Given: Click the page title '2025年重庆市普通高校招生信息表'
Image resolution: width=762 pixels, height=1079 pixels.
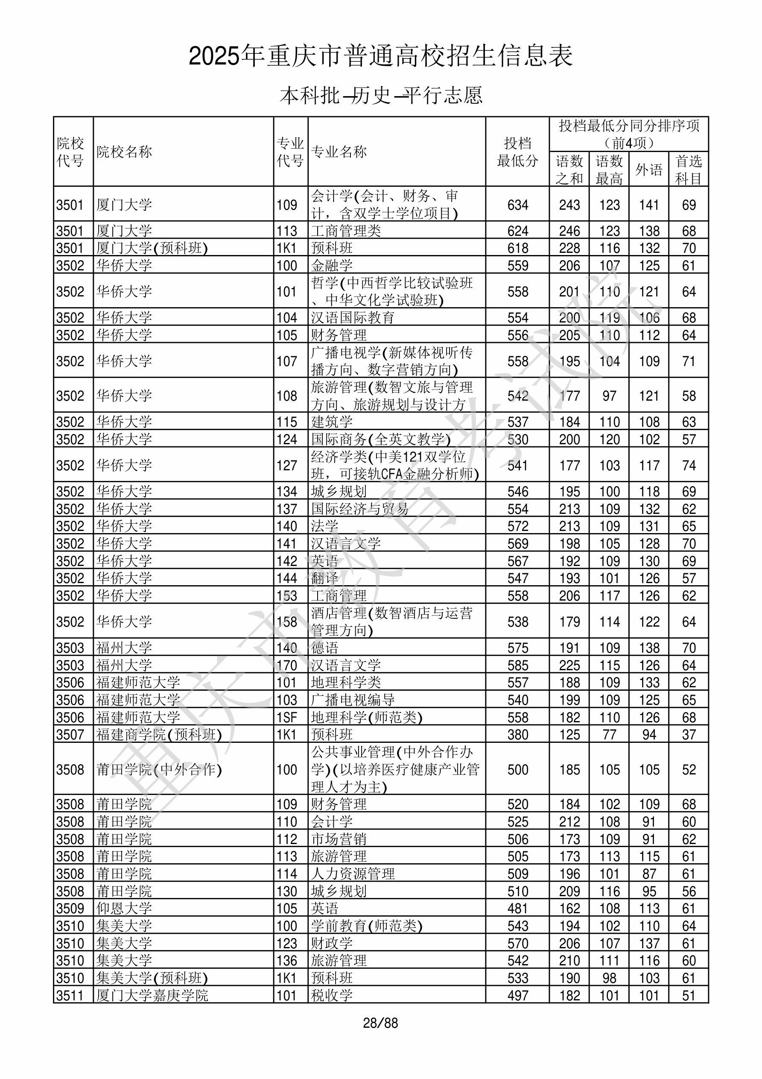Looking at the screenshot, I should point(380,56).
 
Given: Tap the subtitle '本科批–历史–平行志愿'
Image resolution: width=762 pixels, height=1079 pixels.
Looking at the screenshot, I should point(380,95).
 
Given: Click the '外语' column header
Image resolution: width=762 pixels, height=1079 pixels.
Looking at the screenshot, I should point(649,169).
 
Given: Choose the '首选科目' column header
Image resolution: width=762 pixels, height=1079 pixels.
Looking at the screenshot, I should point(688,169).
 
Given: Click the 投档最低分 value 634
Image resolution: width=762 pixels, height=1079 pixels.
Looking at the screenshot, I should point(517,205).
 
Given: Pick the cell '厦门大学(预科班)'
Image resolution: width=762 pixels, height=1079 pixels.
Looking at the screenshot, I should point(152,248).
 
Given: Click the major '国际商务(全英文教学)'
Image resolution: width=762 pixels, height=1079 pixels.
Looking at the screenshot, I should point(380,440).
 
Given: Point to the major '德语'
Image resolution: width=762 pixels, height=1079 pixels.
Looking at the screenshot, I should point(324,648).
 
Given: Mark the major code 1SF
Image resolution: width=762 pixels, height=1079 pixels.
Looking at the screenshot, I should point(286,718).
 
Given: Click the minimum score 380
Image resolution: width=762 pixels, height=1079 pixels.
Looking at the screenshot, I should point(517,735).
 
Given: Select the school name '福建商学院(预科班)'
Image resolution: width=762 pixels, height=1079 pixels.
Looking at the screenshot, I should point(159,735).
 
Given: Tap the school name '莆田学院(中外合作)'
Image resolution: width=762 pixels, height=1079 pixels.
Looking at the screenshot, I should point(159,770).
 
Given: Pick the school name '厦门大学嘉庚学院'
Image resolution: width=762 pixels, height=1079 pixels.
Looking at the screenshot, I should point(152,996).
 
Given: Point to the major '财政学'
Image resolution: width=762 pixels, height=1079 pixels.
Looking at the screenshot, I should point(332,944).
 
